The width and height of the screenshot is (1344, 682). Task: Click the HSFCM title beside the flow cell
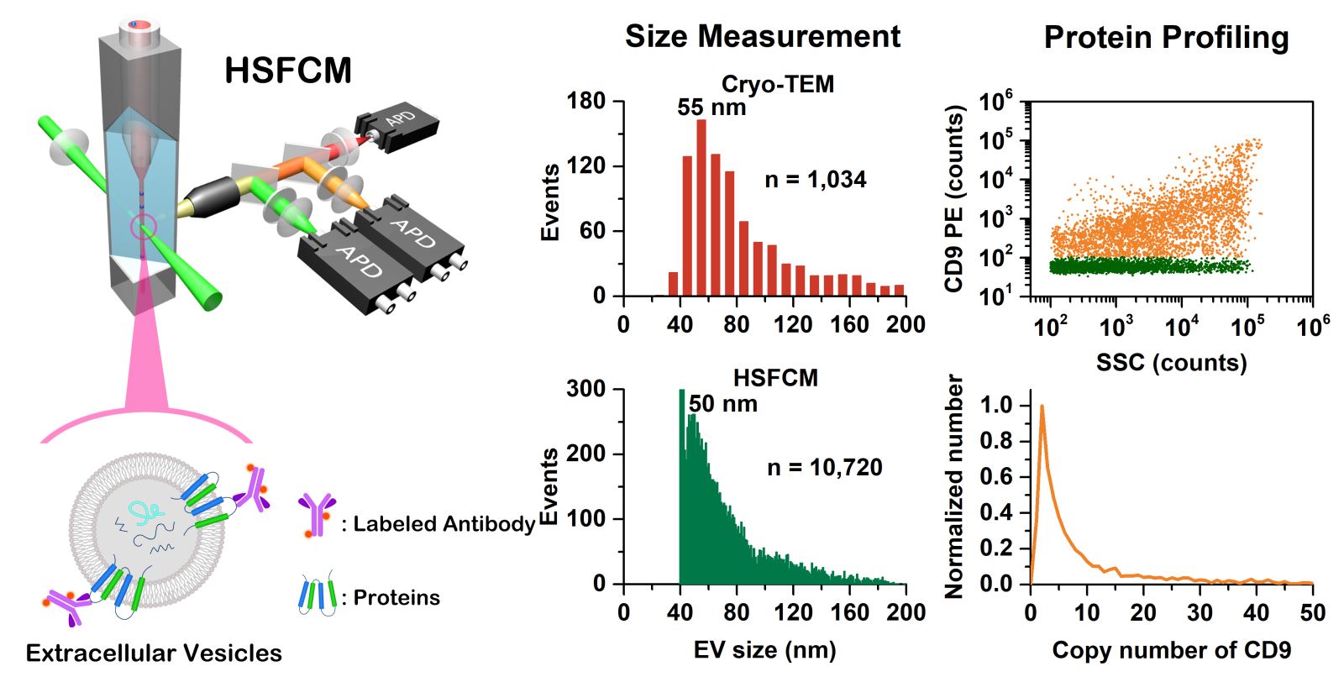pyautogui.click(x=287, y=71)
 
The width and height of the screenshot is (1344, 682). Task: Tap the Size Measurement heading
pyautogui.click(x=762, y=36)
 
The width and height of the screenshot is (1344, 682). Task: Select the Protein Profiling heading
pyautogui.click(x=1166, y=38)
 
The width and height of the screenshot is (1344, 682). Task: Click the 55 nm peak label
pyautogui.click(x=711, y=108)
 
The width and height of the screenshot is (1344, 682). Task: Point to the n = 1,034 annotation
pyautogui.click(x=815, y=179)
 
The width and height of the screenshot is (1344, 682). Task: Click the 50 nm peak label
pyautogui.click(x=722, y=404)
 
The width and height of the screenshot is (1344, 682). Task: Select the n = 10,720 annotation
pyautogui.click(x=824, y=468)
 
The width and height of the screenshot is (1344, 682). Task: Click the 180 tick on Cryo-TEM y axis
pyautogui.click(x=586, y=101)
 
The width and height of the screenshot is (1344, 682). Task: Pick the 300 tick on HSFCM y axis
pyautogui.click(x=586, y=389)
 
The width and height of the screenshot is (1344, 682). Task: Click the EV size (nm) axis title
pyautogui.click(x=764, y=650)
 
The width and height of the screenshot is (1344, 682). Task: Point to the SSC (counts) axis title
pyautogui.click(x=1171, y=363)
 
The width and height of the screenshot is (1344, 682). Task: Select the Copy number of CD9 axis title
pyautogui.click(x=1171, y=650)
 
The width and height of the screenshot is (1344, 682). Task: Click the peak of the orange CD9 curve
pyautogui.click(x=1042, y=407)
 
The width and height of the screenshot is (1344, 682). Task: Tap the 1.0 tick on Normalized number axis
pyautogui.click(x=998, y=406)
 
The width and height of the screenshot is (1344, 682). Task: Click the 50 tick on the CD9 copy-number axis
pyautogui.click(x=1311, y=612)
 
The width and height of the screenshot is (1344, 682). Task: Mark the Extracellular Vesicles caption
pyautogui.click(x=154, y=653)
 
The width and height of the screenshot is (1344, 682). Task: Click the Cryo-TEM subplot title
pyautogui.click(x=777, y=84)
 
